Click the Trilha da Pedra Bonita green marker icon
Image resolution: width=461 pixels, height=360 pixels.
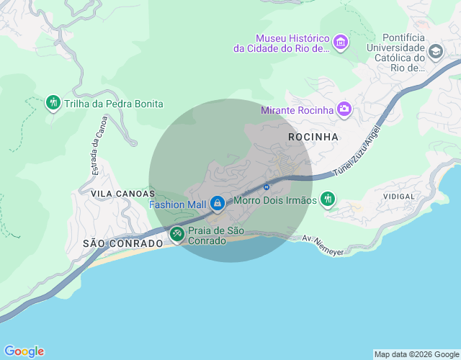[53, 103]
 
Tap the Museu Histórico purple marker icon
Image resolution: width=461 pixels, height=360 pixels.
[341, 43]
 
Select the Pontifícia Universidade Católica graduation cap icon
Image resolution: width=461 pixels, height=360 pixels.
[435, 52]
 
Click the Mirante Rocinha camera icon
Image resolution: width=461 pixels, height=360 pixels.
[344, 109]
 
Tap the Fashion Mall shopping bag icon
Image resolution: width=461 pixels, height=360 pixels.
[217, 204]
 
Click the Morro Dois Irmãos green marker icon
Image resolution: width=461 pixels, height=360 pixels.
[328, 199]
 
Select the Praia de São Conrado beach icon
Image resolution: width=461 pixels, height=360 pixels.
[176, 234]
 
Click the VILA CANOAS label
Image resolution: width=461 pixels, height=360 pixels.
[123, 194]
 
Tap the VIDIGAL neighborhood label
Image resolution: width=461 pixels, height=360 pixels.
[399, 196]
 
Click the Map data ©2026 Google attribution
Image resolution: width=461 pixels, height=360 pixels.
[416, 354]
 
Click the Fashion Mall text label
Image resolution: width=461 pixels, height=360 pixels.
[177, 204]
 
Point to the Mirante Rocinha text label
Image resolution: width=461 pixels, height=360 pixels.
[297, 110]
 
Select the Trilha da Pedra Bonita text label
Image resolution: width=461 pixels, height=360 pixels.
[114, 104]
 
